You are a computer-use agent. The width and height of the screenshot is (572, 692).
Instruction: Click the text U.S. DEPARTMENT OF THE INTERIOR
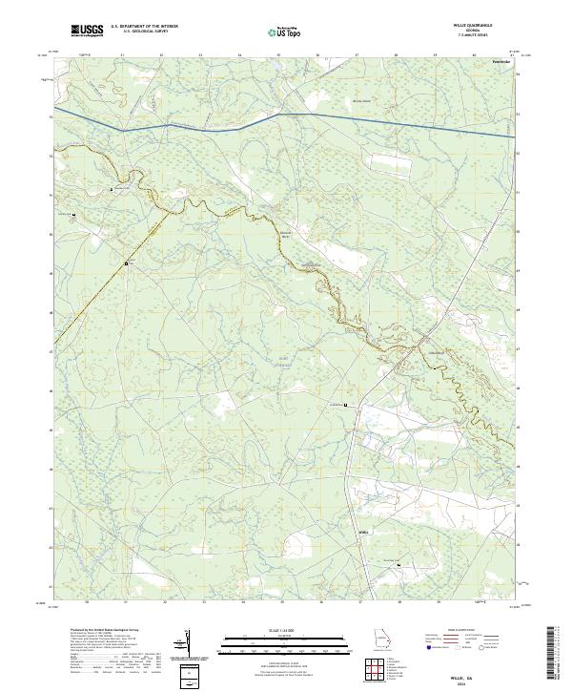(x=144, y=27)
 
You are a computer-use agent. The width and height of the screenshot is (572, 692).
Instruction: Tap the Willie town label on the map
(x=362, y=530)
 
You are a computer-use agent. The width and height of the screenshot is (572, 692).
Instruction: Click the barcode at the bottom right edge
(x=558, y=656)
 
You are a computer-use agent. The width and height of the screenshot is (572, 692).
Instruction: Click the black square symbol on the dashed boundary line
(x=126, y=262)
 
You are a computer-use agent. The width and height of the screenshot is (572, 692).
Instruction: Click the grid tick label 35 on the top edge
(x=278, y=55)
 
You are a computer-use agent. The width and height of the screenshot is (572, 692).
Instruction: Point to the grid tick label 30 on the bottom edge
(x=87, y=602)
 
